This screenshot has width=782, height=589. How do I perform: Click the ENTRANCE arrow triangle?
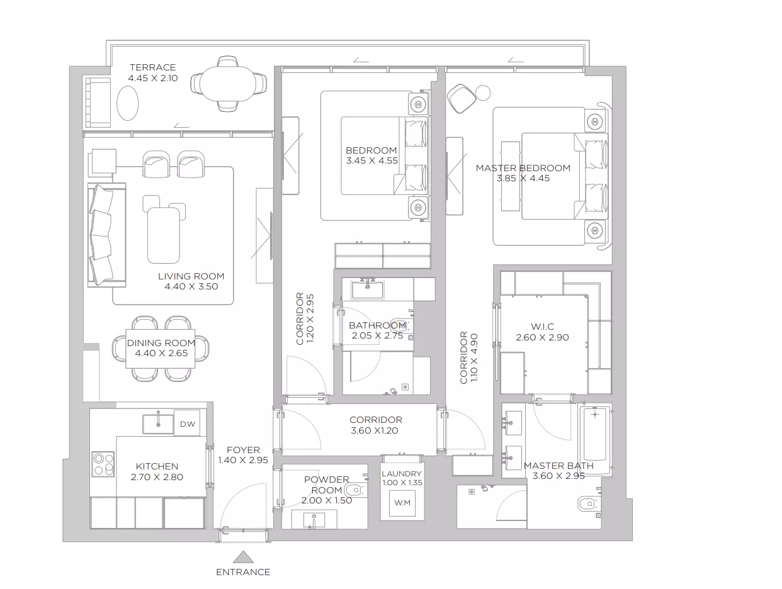pyautogui.click(x=243, y=557)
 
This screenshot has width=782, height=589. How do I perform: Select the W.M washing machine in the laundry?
pyautogui.click(x=402, y=503)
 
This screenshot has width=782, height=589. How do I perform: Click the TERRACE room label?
pyautogui.click(x=152, y=67)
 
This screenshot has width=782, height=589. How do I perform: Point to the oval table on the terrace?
pyautogui.click(x=128, y=103)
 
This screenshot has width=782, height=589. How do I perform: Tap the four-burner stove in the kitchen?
pyautogui.click(x=103, y=464)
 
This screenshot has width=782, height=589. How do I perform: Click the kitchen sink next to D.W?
pyautogui.click(x=158, y=424)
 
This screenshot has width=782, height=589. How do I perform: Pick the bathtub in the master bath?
pyautogui.click(x=594, y=440)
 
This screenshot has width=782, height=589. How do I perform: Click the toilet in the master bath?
pyautogui.click(x=589, y=504)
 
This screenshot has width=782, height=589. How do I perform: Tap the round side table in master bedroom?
pyautogui.click(x=483, y=93)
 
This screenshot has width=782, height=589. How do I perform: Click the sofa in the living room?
pyautogui.click(x=106, y=235)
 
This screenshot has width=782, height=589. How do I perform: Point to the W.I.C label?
pyautogui.click(x=542, y=327)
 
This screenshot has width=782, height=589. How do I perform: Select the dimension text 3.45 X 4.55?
pyautogui.click(x=371, y=160)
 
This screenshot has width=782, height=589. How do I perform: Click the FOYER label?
pyautogui.click(x=243, y=450)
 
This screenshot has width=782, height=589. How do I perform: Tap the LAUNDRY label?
pyautogui.click(x=402, y=474)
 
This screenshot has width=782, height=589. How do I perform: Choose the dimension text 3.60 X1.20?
pyautogui.click(x=374, y=430)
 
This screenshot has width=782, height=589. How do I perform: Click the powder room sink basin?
pyautogui.click(x=314, y=520)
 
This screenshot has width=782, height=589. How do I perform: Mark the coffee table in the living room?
pyautogui.click(x=164, y=235)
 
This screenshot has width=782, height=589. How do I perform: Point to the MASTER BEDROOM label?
pyautogui.click(x=523, y=168)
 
